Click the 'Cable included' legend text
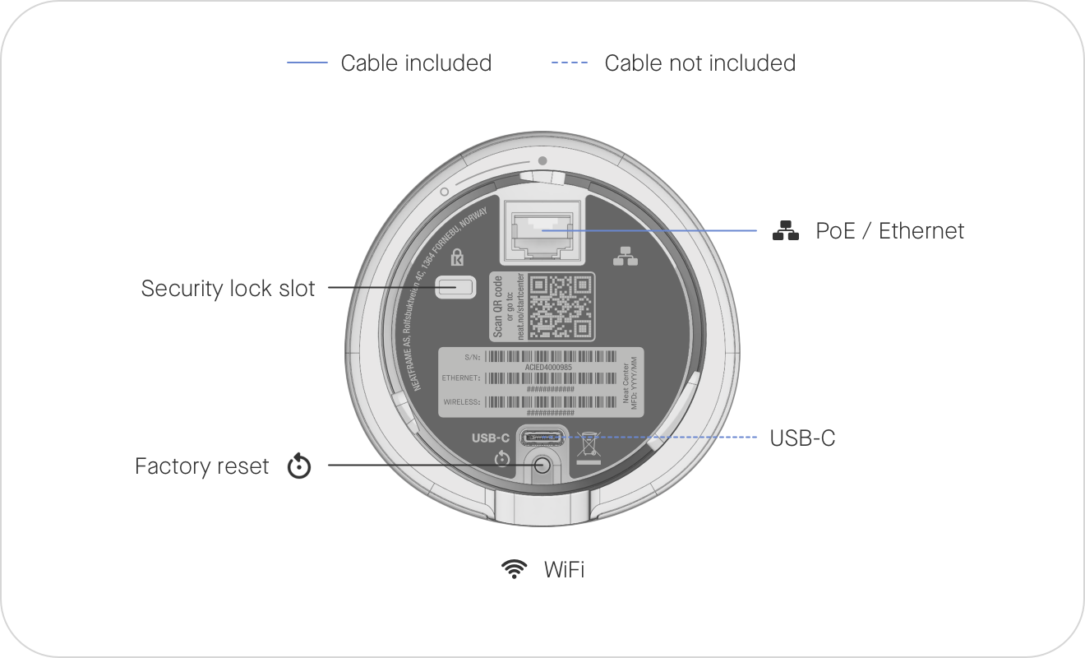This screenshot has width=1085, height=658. (x=416, y=63)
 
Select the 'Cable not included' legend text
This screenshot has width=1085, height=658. (x=699, y=63)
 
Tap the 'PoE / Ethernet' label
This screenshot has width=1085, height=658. (x=889, y=231)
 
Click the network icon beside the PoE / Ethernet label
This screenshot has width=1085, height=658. (x=786, y=231)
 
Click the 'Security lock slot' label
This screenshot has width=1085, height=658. (x=228, y=289)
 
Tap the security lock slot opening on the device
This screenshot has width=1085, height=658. (x=456, y=288)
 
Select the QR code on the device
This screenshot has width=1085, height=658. (x=561, y=305)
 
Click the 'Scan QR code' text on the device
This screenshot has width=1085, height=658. (x=498, y=305)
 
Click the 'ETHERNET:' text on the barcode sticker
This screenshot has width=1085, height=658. (x=461, y=378)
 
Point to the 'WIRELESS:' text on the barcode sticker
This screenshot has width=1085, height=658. (x=461, y=402)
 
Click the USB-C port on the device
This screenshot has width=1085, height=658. (x=542, y=437)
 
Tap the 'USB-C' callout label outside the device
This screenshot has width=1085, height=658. (x=802, y=438)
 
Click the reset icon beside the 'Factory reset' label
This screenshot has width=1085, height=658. (x=299, y=467)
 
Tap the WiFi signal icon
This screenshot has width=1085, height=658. (x=515, y=568)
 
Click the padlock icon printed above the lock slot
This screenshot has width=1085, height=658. (x=457, y=257)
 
